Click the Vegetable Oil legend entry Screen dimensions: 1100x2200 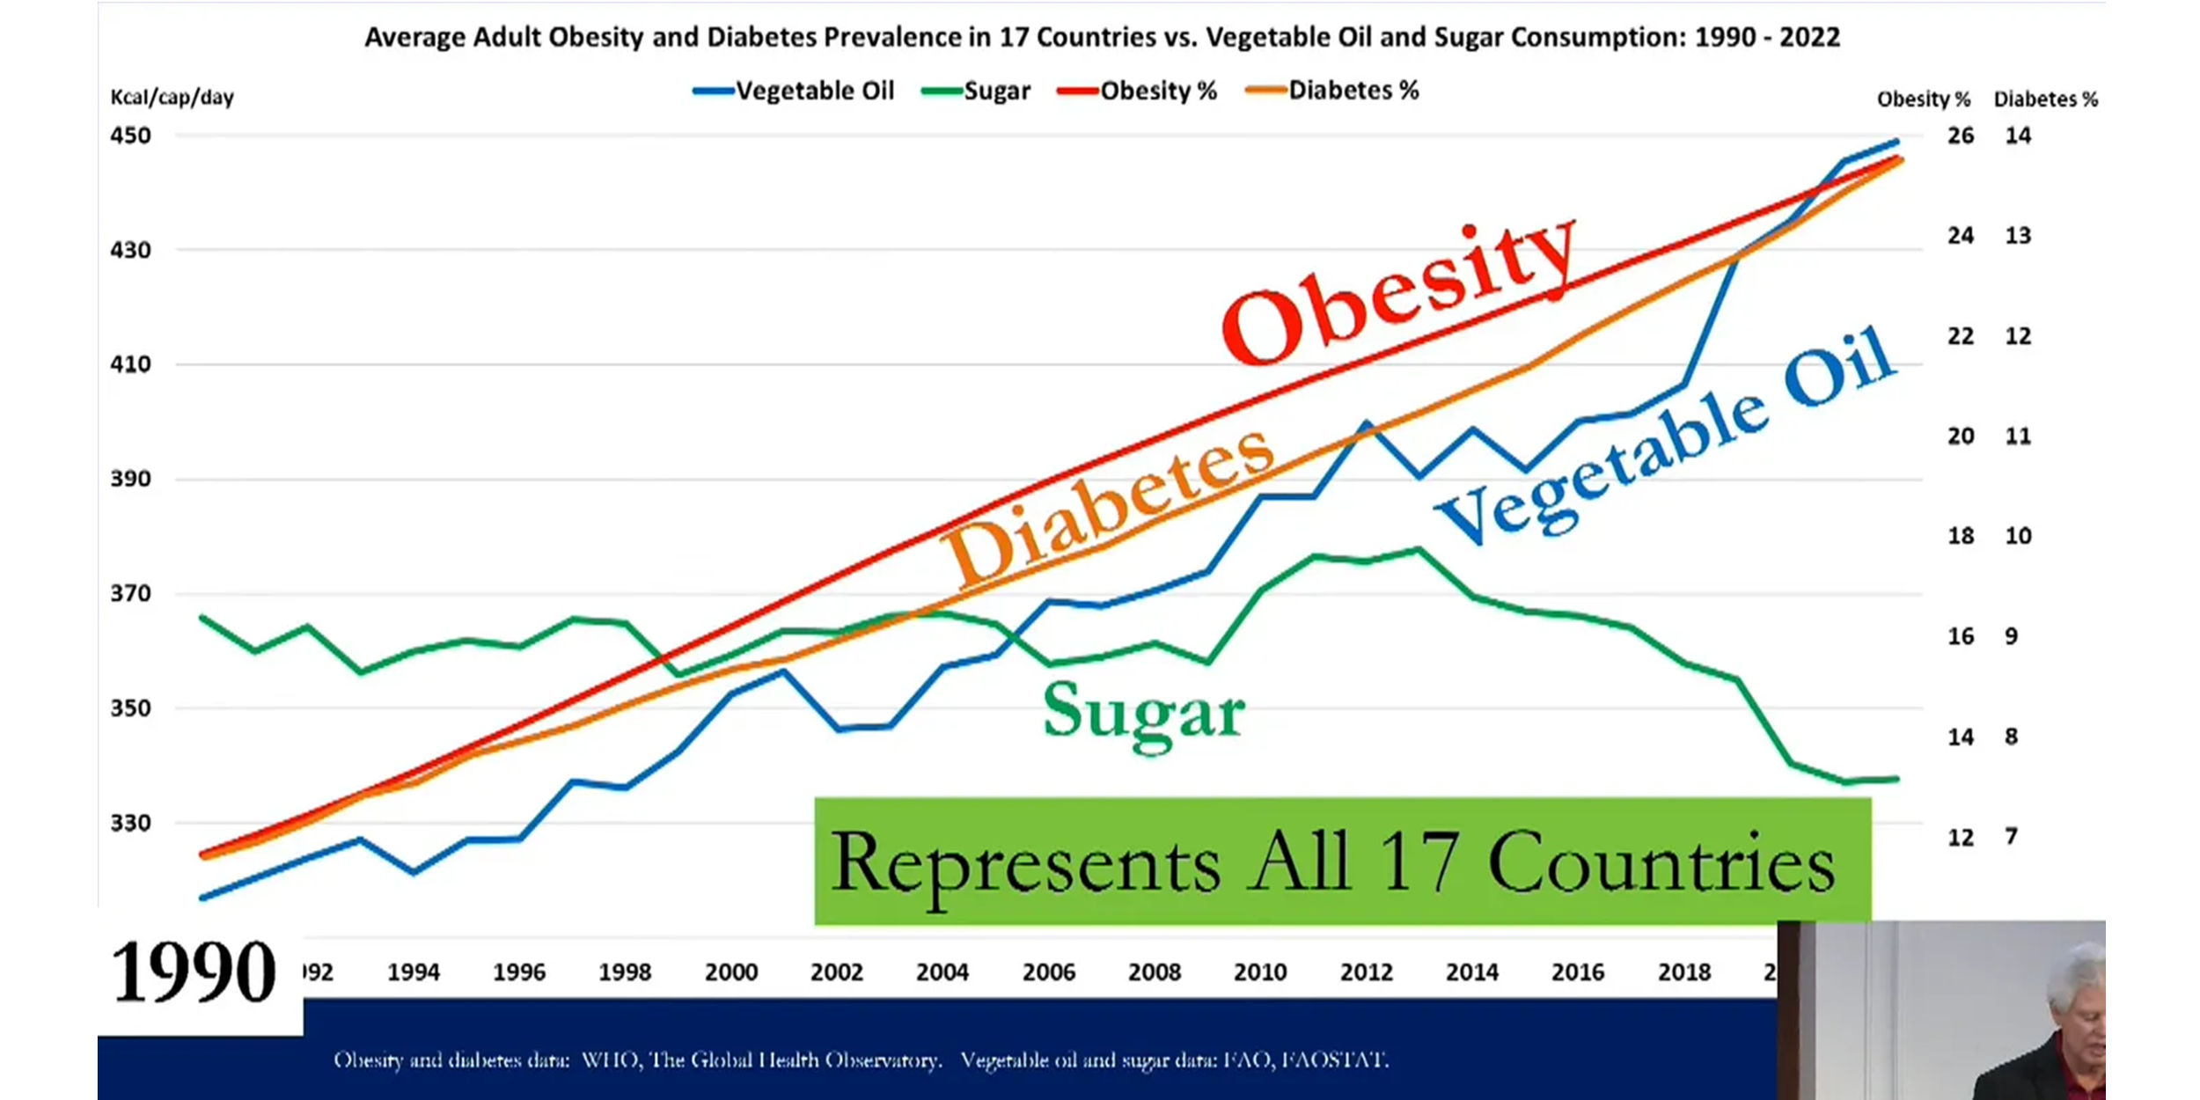pyautogui.click(x=795, y=91)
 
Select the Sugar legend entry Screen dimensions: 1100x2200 pyautogui.click(x=977, y=91)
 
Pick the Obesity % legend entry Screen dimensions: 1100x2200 pyautogui.click(x=1138, y=91)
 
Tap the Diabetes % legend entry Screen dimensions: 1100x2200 pyautogui.click(x=1333, y=91)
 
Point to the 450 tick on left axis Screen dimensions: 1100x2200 pyautogui.click(x=130, y=136)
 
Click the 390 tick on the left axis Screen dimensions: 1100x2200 pyautogui.click(x=130, y=479)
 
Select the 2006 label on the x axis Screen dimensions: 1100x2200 pyautogui.click(x=1048, y=972)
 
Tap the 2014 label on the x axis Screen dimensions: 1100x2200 pyautogui.click(x=1471, y=972)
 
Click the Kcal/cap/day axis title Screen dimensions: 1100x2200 pyautogui.click(x=172, y=97)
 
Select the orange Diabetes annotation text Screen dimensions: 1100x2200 pyautogui.click(x=1109, y=506)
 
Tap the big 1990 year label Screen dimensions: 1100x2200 pyautogui.click(x=194, y=972)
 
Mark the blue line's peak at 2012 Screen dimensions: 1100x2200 pyautogui.click(x=1366, y=422)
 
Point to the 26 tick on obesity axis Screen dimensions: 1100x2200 pyautogui.click(x=1960, y=136)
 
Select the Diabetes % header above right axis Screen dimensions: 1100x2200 pyautogui.click(x=2045, y=99)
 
